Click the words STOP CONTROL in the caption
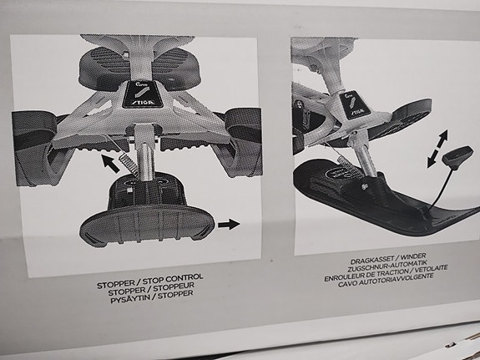tap(173, 279)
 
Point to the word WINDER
tap(413, 256)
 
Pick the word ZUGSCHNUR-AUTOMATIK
tap(387, 266)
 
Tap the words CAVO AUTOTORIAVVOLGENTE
tap(386, 280)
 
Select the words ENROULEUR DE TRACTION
tap(366, 275)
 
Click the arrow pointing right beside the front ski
tap(229, 225)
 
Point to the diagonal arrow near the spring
tap(110, 164)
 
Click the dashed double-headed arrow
tap(437, 149)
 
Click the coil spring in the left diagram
tap(129, 165)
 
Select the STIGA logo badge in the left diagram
tap(142, 94)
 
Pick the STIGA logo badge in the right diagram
tap(355, 104)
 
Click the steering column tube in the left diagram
tap(146, 160)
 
